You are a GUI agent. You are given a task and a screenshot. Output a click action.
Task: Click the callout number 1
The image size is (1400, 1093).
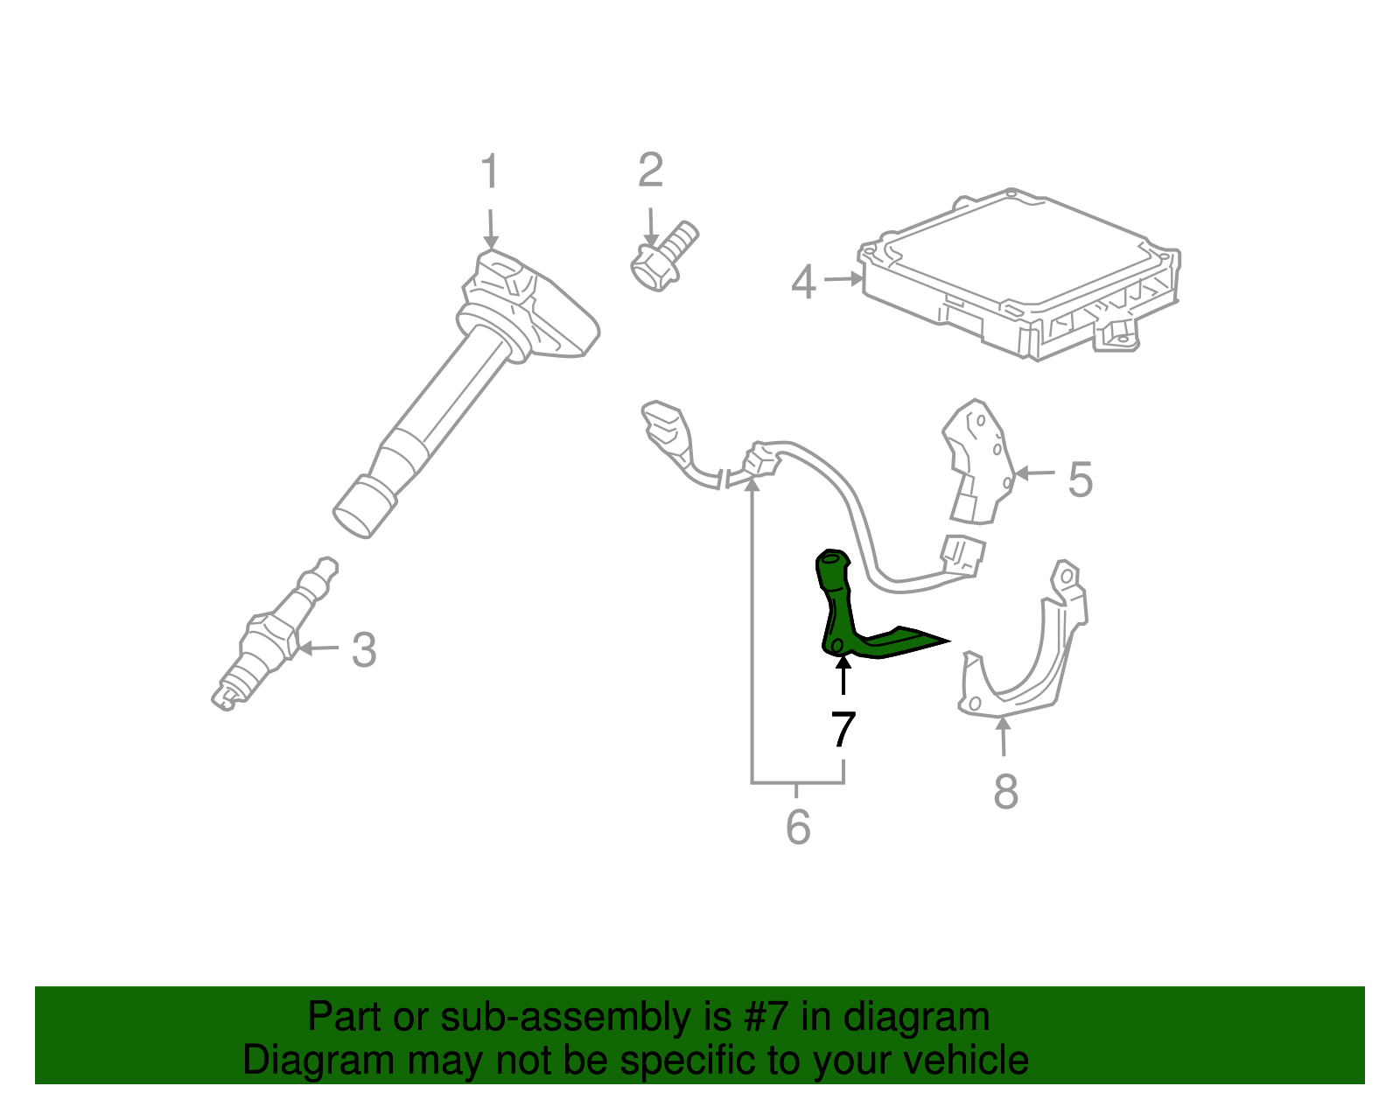[490, 172]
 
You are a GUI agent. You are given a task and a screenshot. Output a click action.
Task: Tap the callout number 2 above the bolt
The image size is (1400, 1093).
[650, 170]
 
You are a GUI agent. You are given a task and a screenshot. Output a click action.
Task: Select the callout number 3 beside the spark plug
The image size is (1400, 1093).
[364, 650]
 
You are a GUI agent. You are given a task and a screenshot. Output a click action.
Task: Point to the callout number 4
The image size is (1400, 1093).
[803, 283]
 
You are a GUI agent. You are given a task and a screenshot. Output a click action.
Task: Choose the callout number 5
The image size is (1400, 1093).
[1081, 480]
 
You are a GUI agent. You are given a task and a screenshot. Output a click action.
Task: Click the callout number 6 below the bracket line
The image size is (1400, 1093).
[798, 827]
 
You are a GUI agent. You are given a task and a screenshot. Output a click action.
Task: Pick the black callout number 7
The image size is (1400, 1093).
[843, 729]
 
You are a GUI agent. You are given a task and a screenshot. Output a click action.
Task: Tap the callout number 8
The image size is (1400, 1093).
[1006, 791]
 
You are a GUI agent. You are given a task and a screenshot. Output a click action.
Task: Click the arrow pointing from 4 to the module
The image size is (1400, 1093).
[843, 279]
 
